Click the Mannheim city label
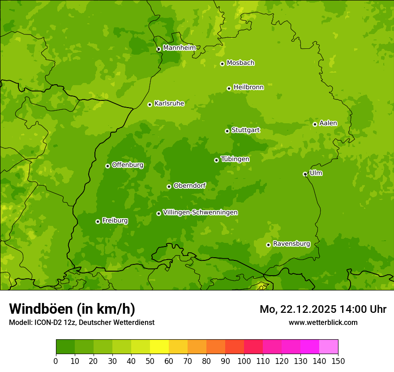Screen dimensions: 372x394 coord(179,48)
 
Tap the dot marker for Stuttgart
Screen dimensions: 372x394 coord(227,131)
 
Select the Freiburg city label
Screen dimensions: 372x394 coord(115,221)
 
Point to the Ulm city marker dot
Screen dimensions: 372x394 coord(305,174)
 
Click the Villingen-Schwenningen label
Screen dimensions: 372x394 coord(200,212)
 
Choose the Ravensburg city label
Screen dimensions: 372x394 coord(291,244)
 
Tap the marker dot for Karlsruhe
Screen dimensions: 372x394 coord(150,104)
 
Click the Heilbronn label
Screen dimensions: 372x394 coord(248,87)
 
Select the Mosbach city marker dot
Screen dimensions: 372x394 coord(222,64)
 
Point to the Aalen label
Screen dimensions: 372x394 coord(328,123)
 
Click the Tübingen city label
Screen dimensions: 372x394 coord(235,159)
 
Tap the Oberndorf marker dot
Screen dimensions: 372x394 coord(169,186)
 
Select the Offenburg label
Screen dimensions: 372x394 coord(128,165)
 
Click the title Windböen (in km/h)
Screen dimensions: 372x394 coord(72,309)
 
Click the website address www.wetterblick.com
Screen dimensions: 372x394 coord(323,322)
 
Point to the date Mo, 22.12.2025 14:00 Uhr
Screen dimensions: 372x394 coord(323,309)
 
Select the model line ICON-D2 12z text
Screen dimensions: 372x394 coord(81,322)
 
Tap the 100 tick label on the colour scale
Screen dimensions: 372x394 coord(244,361)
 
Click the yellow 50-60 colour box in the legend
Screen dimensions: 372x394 coord(159,347)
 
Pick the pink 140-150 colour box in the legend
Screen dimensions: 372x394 coord(329,347)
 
